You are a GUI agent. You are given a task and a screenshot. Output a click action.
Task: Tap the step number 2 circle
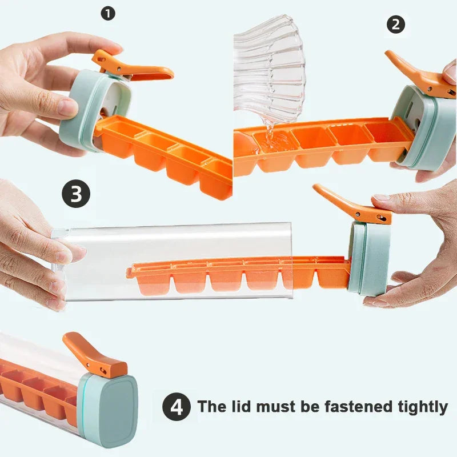point(395,24)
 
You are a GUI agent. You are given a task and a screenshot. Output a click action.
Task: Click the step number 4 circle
point(177,407)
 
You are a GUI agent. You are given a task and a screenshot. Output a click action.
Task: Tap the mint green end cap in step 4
point(111,408)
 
